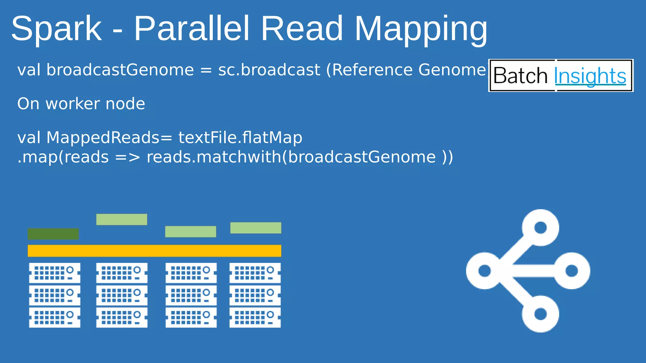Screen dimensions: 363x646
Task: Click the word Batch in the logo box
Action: pos(520,76)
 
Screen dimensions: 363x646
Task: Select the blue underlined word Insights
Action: pos(590,76)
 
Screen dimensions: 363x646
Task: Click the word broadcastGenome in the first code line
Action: pos(120,70)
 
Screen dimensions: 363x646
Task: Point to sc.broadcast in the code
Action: pos(269,70)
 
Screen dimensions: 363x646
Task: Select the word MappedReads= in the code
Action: pos(109,138)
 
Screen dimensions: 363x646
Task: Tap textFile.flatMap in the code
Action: pos(240,138)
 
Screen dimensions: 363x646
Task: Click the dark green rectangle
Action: pos(53,234)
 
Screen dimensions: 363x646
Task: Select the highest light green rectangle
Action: pos(121,219)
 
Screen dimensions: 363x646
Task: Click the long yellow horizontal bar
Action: pos(154,251)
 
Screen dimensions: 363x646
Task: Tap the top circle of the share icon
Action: pos(540,228)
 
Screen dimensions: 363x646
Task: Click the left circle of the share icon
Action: pos(484,271)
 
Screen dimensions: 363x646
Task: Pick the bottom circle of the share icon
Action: pos(540,314)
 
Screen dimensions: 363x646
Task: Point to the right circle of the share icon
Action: pos(572,271)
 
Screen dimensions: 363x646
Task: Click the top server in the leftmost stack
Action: pos(55,273)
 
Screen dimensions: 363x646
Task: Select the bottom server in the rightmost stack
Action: pos(255,318)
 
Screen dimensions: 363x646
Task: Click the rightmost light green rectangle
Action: pos(255,228)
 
